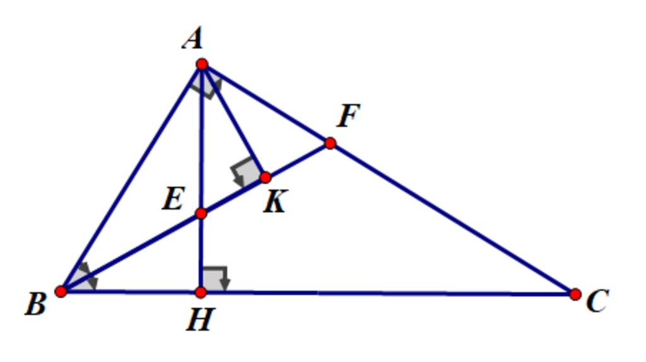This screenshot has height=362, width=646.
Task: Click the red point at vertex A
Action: tap(202, 64)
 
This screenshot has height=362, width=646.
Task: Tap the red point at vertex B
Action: tap(61, 291)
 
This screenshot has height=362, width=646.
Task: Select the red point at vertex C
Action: tap(575, 294)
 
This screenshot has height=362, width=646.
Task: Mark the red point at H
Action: tap(201, 292)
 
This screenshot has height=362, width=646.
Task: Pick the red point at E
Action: tap(201, 213)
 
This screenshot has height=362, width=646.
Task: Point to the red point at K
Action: tap(266, 178)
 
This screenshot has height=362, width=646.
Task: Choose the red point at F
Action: tap(330, 143)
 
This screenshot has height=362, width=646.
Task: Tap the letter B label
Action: tap(36, 305)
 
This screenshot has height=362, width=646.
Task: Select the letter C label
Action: tap(597, 301)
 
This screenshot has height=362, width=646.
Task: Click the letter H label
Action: tap(201, 319)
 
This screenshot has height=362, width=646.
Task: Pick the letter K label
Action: tap(275, 201)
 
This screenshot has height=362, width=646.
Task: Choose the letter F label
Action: tap(348, 115)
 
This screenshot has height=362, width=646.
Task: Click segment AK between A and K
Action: tap(233, 120)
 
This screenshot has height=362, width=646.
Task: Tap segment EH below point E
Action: tap(201, 252)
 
